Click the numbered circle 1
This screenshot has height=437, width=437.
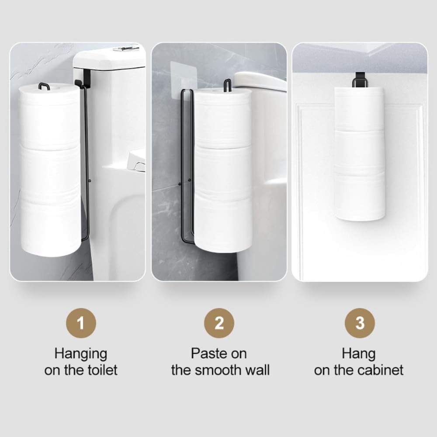click(x=80, y=323)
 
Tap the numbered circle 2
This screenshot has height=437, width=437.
click(x=219, y=323)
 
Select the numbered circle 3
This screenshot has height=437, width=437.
click(x=359, y=323)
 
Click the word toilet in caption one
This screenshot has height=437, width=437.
click(x=101, y=370)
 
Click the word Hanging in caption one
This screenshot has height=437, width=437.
click(x=80, y=353)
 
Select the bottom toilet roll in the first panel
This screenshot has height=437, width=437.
click(x=51, y=227)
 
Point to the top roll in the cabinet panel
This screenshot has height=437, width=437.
click(x=359, y=109)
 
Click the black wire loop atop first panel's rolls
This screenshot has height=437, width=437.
click(x=44, y=86)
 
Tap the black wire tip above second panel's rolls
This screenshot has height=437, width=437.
click(x=227, y=85)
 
